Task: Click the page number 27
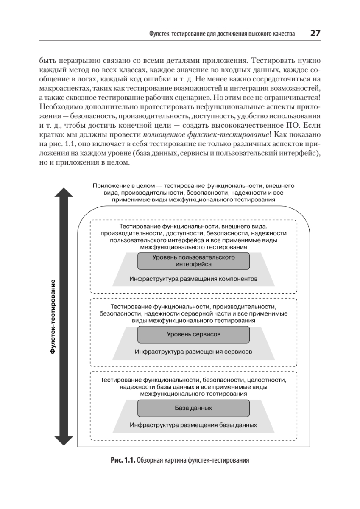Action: pyautogui.click(x=315, y=33)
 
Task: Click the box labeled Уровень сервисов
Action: pyautogui.click(x=193, y=334)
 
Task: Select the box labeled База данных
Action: pyautogui.click(x=193, y=408)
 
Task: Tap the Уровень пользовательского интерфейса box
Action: pyautogui.click(x=193, y=260)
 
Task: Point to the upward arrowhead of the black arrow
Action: pyautogui.click(x=64, y=193)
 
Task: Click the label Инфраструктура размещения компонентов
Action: pyautogui.click(x=193, y=279)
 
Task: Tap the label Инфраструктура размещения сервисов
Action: pyautogui.click(x=193, y=352)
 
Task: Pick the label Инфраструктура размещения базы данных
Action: pyautogui.click(x=193, y=425)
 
